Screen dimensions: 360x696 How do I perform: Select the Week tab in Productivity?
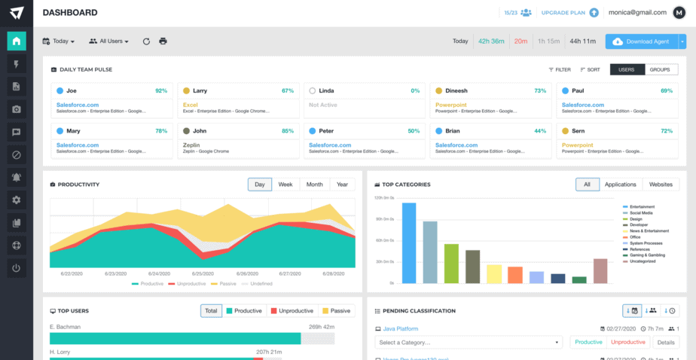point(285,185)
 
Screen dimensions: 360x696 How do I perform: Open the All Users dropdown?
point(109,41)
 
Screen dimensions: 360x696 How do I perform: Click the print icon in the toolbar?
point(163,41)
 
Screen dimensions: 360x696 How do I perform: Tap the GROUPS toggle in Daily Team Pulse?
point(659,69)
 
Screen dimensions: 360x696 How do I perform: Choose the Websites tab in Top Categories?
point(661,185)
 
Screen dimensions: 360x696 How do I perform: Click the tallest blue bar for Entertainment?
point(409,243)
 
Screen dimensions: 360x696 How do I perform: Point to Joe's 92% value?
point(160,90)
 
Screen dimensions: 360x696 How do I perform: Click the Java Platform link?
point(401,329)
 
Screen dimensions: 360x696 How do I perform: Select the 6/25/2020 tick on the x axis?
point(203,273)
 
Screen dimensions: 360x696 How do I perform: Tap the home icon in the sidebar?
point(17,41)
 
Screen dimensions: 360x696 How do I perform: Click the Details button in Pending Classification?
point(665,342)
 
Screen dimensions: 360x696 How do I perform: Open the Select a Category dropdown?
point(468,342)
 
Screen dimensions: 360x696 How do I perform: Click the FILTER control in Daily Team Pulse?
point(560,69)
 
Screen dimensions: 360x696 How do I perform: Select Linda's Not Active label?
point(323,105)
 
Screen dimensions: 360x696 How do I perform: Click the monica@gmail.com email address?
point(637,13)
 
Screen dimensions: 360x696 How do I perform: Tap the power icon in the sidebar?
point(17,267)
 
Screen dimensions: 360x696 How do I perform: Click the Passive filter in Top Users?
point(336,310)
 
